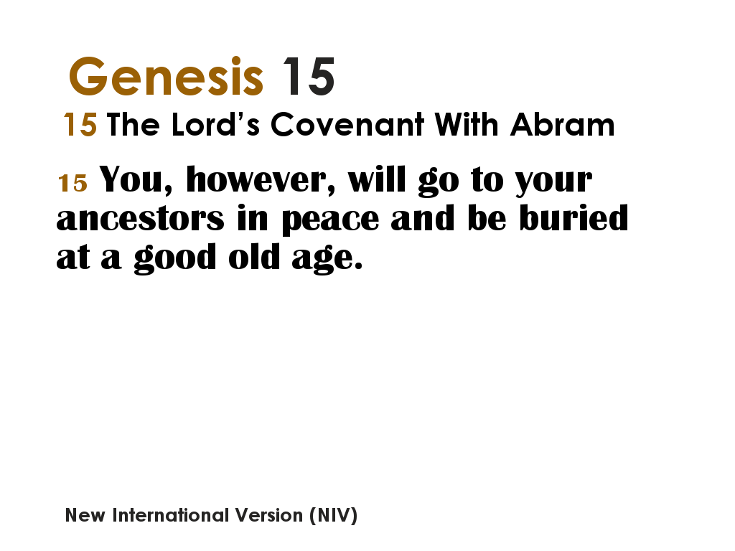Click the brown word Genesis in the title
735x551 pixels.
click(x=166, y=76)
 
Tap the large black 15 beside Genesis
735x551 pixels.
click(x=308, y=76)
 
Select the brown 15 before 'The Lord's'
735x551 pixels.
click(x=80, y=126)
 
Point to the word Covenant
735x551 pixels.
click(x=348, y=125)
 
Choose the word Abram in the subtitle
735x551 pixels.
click(x=562, y=125)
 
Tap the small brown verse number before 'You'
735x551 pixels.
click(x=72, y=183)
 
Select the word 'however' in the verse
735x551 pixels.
click(x=261, y=179)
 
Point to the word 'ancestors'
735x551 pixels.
click(x=141, y=219)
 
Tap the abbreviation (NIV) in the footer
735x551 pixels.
click(x=333, y=515)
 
